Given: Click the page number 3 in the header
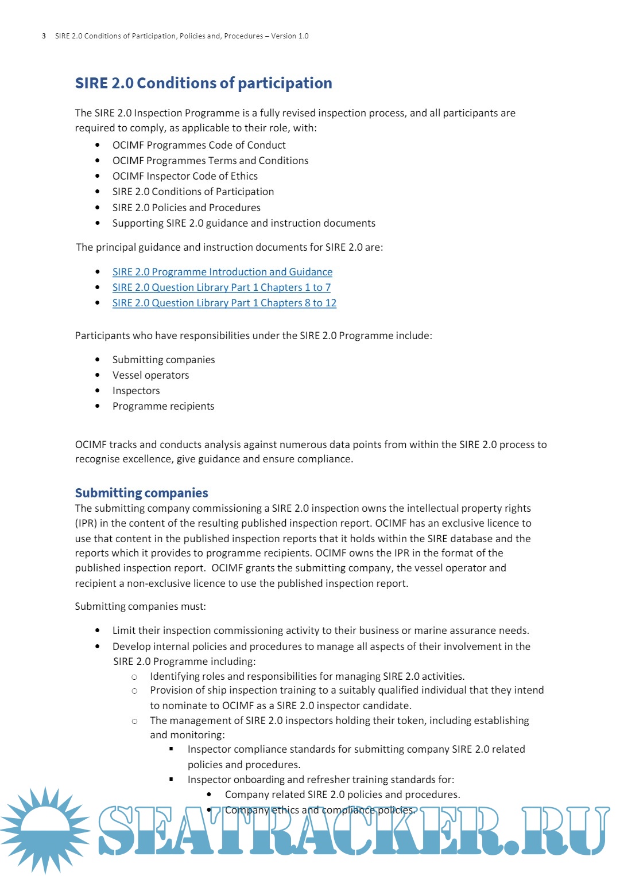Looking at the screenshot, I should click(44, 36).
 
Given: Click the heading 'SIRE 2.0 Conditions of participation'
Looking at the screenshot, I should click(203, 83).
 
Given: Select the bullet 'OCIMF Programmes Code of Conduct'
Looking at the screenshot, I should click(199, 145).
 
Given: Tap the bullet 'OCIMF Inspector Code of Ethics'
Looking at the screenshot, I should click(185, 176).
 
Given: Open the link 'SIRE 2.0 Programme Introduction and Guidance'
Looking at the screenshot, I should click(222, 272).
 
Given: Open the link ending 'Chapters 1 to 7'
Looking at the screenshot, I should click(221, 287).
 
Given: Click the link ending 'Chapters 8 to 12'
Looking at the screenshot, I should click(224, 303).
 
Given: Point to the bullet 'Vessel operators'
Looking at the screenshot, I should click(150, 375).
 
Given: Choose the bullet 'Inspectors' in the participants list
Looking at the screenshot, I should click(136, 391).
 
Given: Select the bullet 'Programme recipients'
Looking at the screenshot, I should click(163, 406).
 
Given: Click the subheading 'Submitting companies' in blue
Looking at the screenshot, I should click(141, 493).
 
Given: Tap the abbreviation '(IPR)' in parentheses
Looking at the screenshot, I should click(86, 523).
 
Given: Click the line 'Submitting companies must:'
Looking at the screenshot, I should click(140, 606).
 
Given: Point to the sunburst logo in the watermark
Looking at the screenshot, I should click(45, 830).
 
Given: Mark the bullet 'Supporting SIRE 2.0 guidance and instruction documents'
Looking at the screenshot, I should click(243, 223).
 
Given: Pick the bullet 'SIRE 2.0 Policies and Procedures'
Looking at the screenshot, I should click(186, 208).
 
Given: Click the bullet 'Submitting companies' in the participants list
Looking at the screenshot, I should click(164, 360).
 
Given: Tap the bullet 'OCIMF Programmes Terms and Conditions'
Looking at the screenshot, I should click(210, 161).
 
